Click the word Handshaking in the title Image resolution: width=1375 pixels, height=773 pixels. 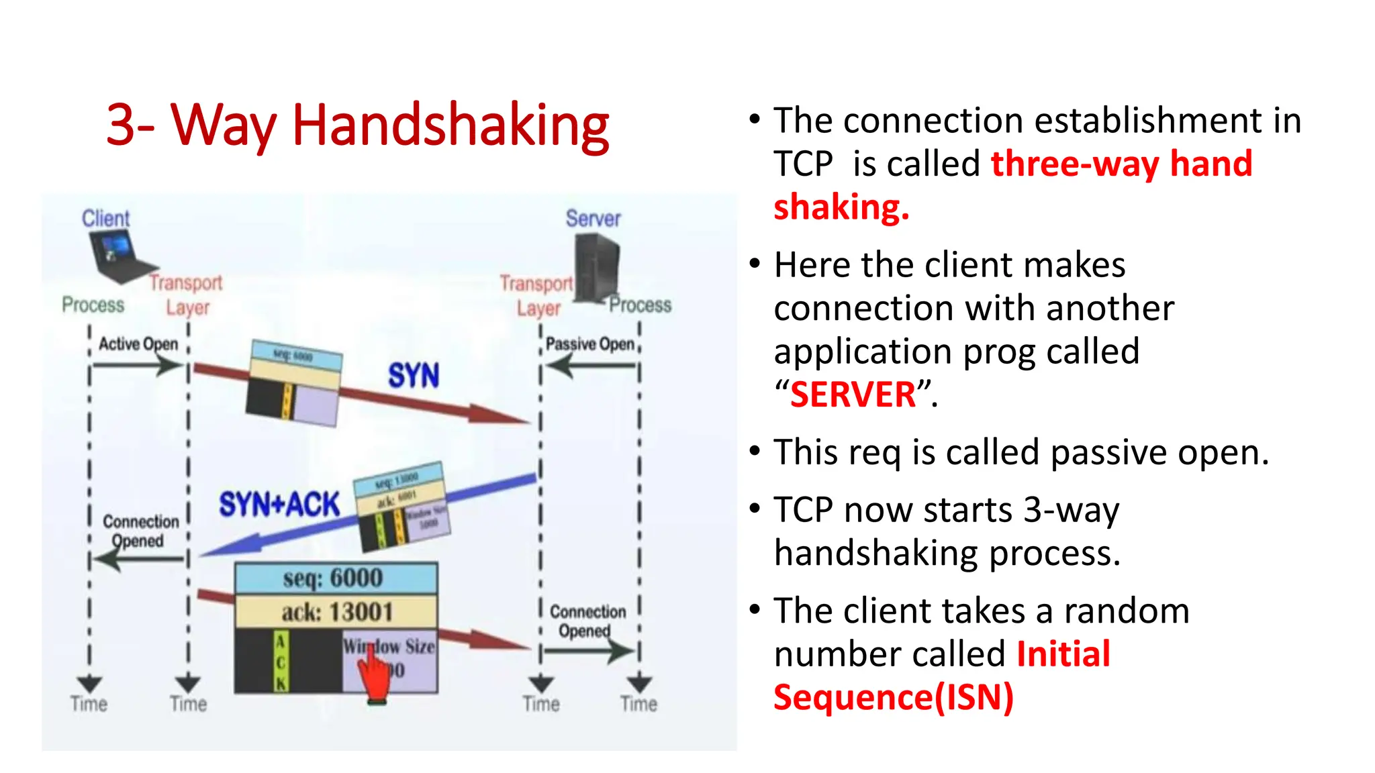pyautogui.click(x=450, y=125)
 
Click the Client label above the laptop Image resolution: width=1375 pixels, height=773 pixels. pyautogui.click(x=105, y=218)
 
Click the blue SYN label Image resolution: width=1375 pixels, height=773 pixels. pyautogui.click(x=414, y=375)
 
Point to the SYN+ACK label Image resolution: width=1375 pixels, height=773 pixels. pyautogui.click(x=279, y=505)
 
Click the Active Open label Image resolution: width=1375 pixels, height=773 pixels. pyautogui.click(x=138, y=344)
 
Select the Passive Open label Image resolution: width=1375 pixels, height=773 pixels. pyautogui.click(x=589, y=344)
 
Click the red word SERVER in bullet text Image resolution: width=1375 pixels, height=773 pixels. pyautogui.click(x=853, y=395)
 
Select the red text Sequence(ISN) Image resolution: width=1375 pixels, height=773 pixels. pyautogui.click(x=893, y=697)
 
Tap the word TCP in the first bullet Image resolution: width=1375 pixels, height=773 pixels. pyautogui.click(x=803, y=164)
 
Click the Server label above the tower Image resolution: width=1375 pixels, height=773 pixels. pyautogui.click(x=593, y=218)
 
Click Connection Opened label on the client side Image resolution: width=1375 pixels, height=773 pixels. pyautogui.click(x=140, y=531)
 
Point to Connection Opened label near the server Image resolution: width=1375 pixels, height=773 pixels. pyautogui.click(x=587, y=621)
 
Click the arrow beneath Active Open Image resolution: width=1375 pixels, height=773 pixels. pyautogui.click(x=137, y=366)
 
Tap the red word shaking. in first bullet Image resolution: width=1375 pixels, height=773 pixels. pyautogui.click(x=841, y=207)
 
